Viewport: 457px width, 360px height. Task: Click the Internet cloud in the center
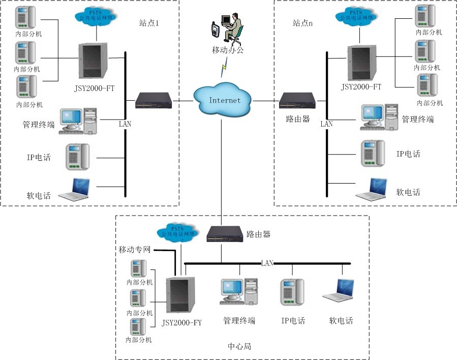(224, 100)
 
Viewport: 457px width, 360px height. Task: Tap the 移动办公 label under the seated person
(228, 50)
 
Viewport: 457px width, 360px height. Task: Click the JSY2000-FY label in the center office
(181, 322)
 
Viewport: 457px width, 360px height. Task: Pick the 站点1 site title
(149, 23)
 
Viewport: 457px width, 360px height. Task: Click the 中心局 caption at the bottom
(239, 347)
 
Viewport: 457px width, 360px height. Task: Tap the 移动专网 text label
(136, 250)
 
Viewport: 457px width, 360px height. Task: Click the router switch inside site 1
(154, 101)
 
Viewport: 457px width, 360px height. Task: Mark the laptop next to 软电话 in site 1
(75, 189)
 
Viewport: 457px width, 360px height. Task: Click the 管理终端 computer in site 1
(78, 121)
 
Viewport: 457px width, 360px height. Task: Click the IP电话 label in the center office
(293, 321)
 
